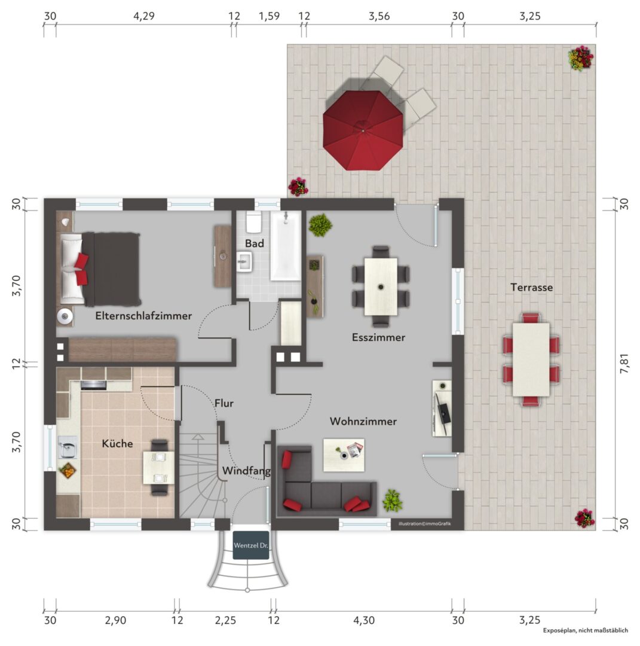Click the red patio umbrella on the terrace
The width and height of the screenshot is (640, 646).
(x=363, y=130)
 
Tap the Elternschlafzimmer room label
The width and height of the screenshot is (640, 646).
(x=143, y=316)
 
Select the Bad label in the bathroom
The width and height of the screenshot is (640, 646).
(x=255, y=243)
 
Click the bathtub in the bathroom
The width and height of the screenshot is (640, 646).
(x=286, y=246)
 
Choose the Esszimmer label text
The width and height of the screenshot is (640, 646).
(x=379, y=337)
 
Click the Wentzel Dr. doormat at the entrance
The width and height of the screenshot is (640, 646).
(x=251, y=546)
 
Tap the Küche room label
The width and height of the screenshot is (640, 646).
(x=117, y=444)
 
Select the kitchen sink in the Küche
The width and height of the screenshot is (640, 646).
(x=68, y=447)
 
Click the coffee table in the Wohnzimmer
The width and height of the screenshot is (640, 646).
(x=344, y=455)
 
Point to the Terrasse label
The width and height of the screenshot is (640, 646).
(x=532, y=287)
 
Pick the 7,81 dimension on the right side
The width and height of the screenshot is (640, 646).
(x=624, y=364)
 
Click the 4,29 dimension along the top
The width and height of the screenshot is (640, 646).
(x=144, y=16)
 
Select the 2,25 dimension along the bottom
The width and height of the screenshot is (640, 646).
(x=225, y=620)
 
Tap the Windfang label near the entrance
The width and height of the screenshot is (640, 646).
(x=247, y=471)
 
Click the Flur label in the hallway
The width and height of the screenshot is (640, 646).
(x=224, y=403)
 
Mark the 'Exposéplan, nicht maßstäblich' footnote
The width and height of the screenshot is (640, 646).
(x=585, y=630)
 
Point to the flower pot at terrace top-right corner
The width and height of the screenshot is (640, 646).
(x=581, y=58)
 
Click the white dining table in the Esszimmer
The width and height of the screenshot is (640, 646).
(x=381, y=287)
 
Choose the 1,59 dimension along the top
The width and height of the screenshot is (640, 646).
(x=269, y=16)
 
